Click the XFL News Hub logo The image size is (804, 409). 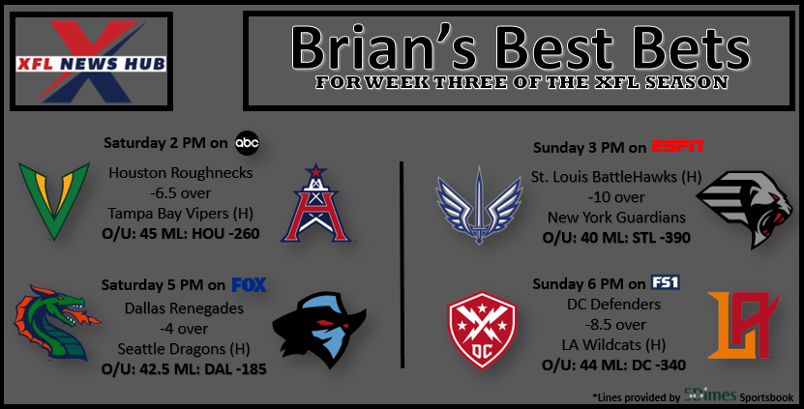click(91, 62)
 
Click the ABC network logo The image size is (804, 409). click(247, 143)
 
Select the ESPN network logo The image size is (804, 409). click(677, 147)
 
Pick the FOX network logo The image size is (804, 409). click(250, 284)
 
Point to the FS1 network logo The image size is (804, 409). click(665, 282)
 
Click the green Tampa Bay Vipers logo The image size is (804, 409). click(54, 201)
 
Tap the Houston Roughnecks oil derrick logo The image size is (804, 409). click(315, 203)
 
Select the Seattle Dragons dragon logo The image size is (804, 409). click(56, 323)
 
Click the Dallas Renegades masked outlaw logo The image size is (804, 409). click(319, 330)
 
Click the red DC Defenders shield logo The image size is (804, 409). click(482, 330)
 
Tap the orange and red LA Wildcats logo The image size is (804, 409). click(743, 325)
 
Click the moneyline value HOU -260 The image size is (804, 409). click(225, 234)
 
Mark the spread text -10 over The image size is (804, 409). click(615, 197)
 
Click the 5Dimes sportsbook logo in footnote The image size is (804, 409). click(710, 395)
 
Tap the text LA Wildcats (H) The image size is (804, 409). click(613, 345)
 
